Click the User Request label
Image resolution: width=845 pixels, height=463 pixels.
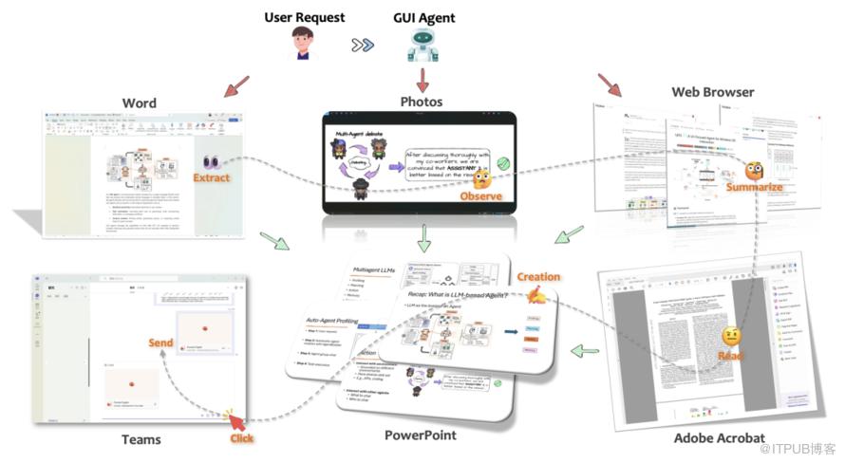pos(305,17)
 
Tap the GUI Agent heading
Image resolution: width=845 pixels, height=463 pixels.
pos(423,17)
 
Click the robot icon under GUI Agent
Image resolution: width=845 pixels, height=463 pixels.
pos(423,45)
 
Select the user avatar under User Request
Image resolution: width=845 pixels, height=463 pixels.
pos(305,45)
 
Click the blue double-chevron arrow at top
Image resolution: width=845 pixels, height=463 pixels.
pos(362,45)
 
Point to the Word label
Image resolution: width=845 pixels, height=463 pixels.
pos(140,102)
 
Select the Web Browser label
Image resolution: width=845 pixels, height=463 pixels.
pos(713,92)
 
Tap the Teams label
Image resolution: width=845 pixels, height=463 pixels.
pos(141,439)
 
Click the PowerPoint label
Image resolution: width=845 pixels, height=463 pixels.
pos(421,435)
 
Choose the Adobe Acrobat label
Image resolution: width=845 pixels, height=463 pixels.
pos(720,437)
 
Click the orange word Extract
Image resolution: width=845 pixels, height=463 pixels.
pos(212,177)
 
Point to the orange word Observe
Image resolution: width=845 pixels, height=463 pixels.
pos(480,196)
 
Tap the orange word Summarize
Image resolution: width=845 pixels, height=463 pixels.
pos(755,188)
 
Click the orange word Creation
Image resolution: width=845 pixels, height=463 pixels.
pos(538,277)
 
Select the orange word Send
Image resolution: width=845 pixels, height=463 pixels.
pos(160,342)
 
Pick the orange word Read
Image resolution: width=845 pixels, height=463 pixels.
pos(730,356)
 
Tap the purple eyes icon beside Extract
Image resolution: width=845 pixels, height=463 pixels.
pos(211,162)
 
